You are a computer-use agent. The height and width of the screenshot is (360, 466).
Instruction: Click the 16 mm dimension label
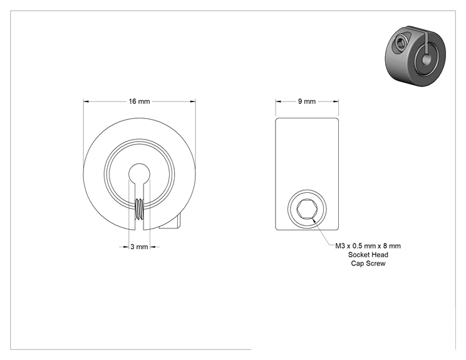(x=139, y=101)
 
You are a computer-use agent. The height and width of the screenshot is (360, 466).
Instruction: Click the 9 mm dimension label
(x=307, y=101)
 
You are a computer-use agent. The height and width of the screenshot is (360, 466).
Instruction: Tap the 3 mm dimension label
(x=139, y=247)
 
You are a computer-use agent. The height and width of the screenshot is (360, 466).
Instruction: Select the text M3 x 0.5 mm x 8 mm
(x=368, y=246)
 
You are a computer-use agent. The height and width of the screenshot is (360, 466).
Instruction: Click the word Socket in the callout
(x=358, y=255)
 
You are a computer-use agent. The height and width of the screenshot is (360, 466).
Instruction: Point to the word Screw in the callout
(x=376, y=264)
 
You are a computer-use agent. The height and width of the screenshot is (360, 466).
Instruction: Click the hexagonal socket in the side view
(x=307, y=209)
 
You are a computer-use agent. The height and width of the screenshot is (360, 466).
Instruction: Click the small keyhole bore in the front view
(x=140, y=173)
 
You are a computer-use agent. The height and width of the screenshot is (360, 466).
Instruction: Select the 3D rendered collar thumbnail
(x=415, y=56)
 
